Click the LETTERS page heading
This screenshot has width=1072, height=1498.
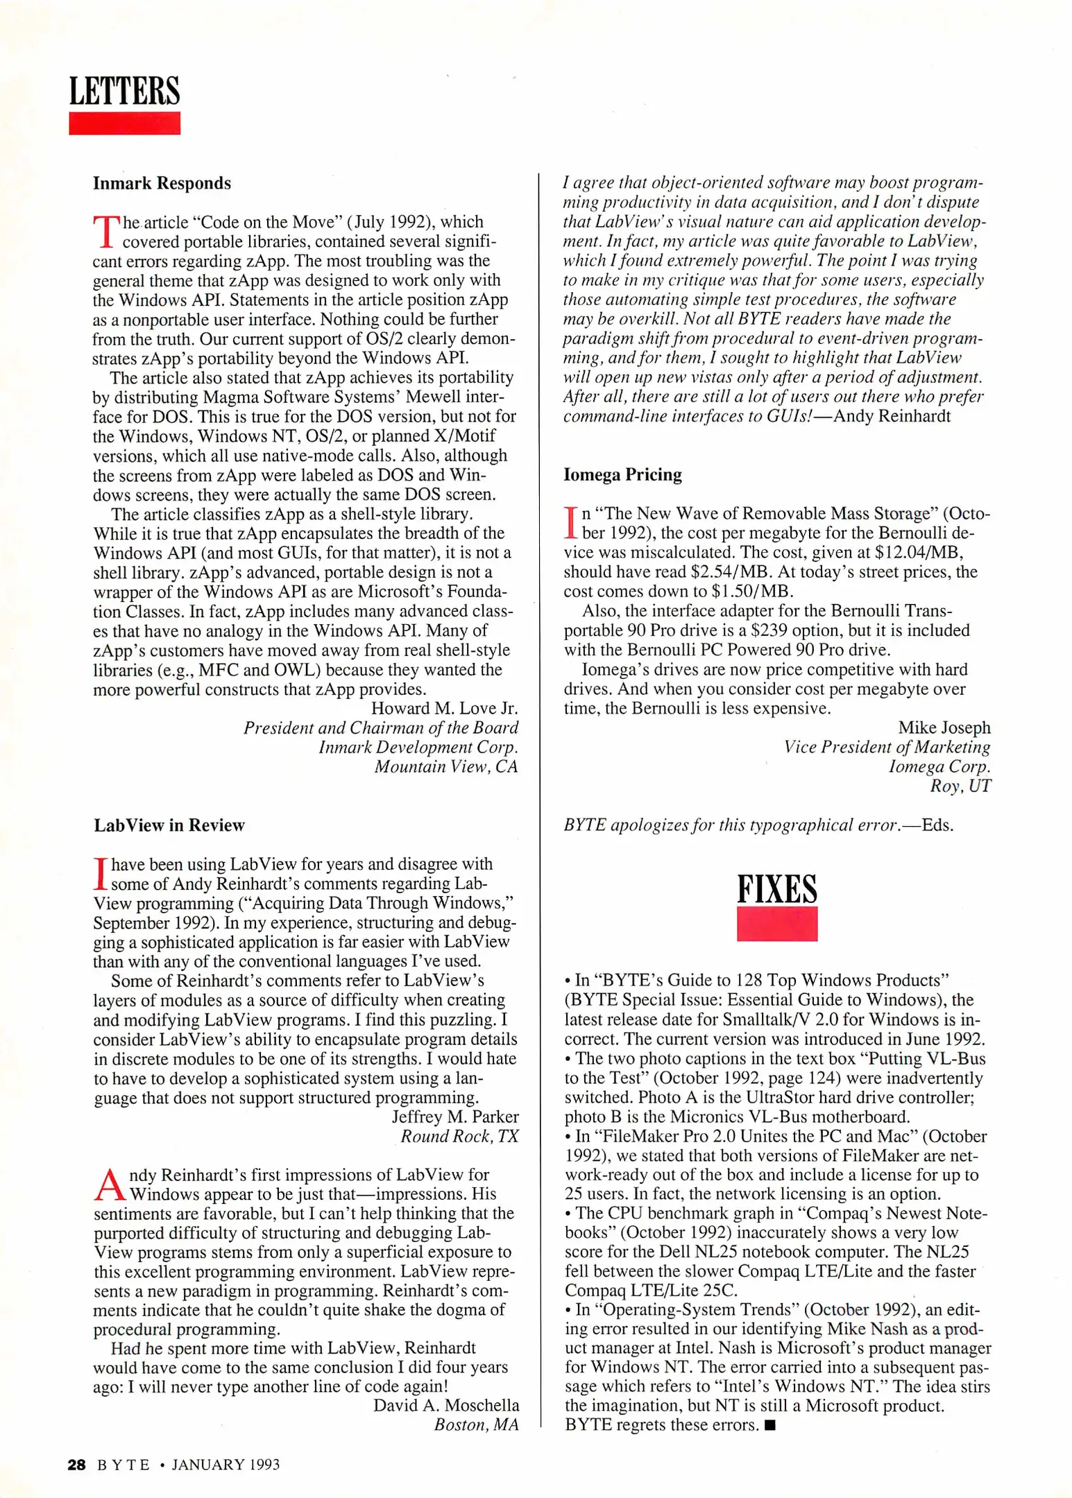(x=124, y=92)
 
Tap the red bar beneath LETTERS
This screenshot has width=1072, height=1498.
(x=124, y=123)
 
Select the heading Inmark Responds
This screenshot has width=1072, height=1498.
(x=162, y=183)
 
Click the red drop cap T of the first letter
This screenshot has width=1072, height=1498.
(x=105, y=232)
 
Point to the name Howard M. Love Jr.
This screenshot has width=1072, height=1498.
(x=444, y=708)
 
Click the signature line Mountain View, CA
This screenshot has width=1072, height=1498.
(x=446, y=766)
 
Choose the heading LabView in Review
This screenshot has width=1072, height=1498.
(x=169, y=825)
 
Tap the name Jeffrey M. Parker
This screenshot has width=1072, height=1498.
(x=455, y=1117)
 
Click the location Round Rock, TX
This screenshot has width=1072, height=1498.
(x=459, y=1136)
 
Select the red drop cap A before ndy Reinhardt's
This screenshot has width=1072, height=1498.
(x=110, y=1185)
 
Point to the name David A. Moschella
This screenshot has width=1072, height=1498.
(x=446, y=1405)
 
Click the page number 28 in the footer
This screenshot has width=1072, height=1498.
(x=76, y=1465)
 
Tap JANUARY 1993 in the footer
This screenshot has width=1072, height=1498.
(x=226, y=1465)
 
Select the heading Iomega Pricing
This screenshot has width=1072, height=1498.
(x=622, y=474)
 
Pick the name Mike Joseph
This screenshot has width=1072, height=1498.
(x=944, y=728)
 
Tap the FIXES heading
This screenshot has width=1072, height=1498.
(x=776, y=889)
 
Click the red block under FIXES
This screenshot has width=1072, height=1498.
(x=776, y=924)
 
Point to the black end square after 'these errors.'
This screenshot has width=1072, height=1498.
(x=769, y=1426)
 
